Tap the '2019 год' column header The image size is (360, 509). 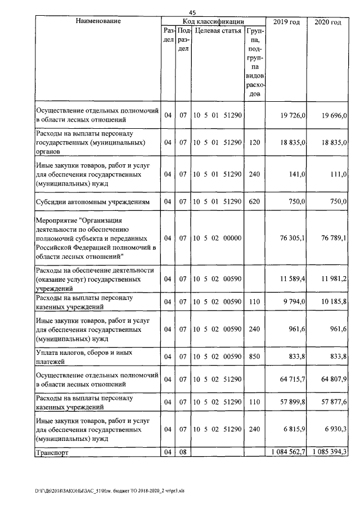[x=286, y=22]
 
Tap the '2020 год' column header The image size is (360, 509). [x=328, y=22]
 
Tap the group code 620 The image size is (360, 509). [x=254, y=201]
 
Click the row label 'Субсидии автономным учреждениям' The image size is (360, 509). [x=93, y=201]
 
